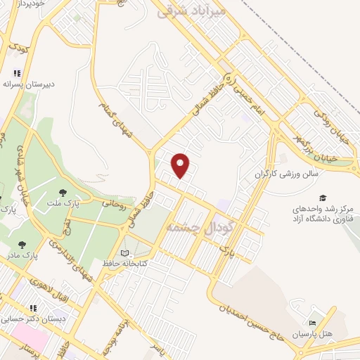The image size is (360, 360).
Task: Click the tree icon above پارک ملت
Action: (64, 192)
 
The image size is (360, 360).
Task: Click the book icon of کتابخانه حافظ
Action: (124, 253)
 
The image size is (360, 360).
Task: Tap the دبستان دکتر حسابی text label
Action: (38, 318)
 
